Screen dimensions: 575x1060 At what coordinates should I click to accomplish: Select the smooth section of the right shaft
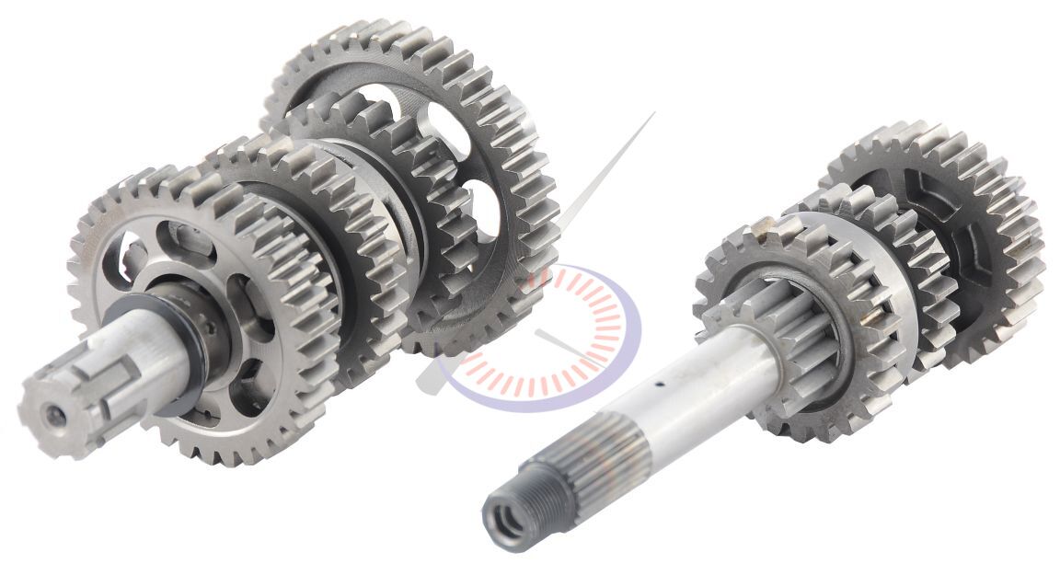click(x=699, y=386)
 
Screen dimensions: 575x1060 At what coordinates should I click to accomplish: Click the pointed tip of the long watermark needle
click(x=653, y=114)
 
